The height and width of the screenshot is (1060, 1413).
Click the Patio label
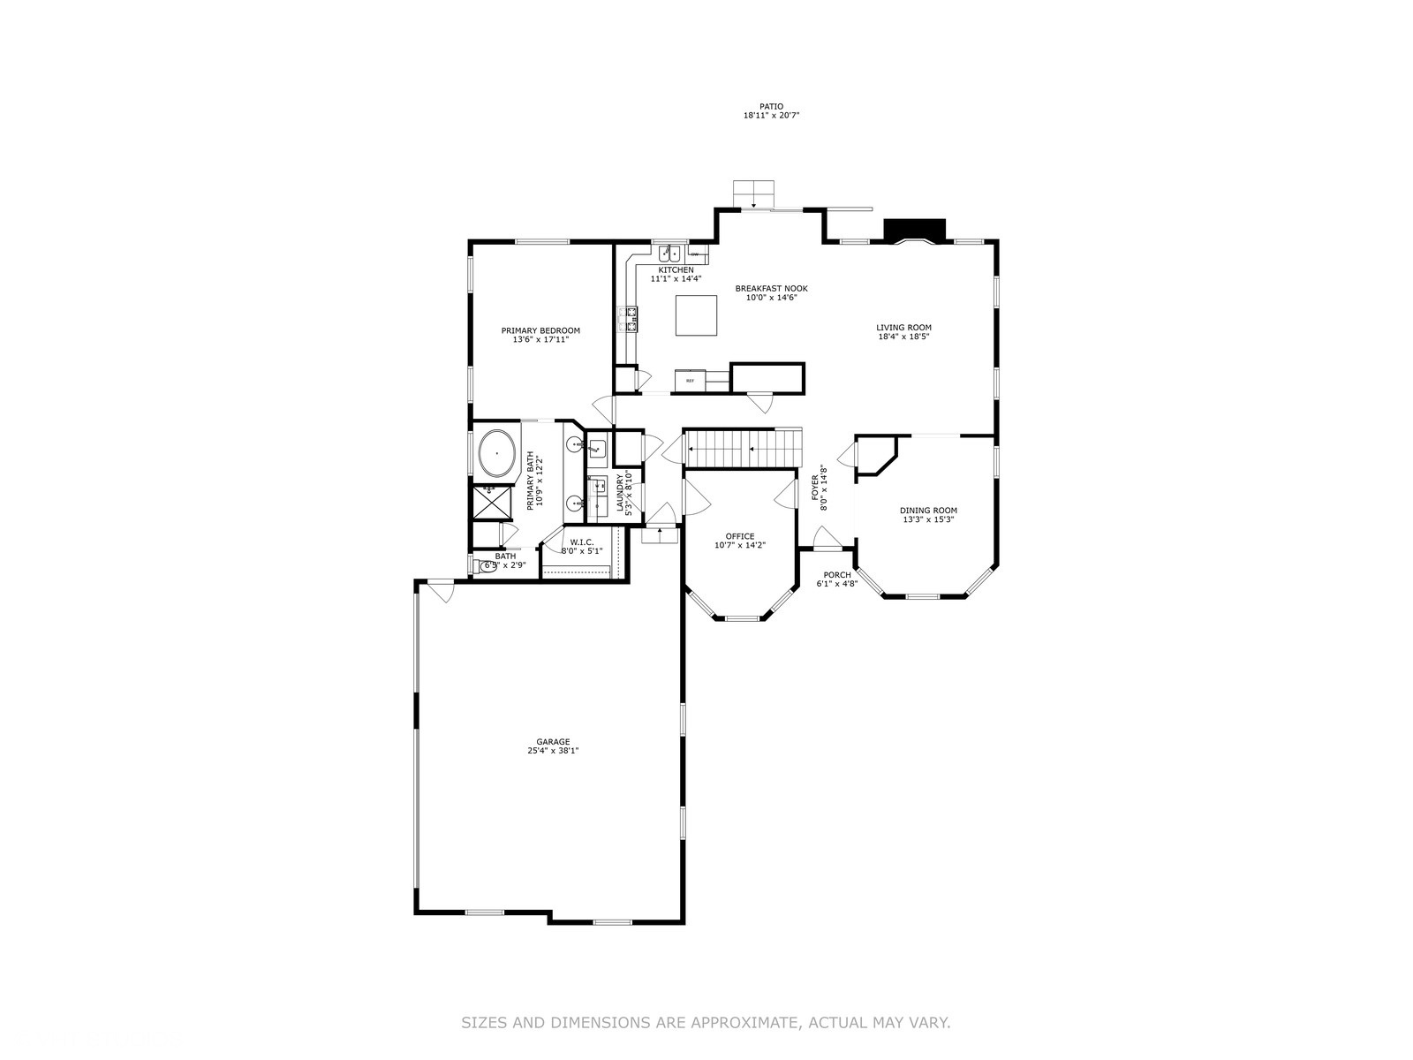click(771, 106)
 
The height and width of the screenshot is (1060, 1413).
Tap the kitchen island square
click(696, 315)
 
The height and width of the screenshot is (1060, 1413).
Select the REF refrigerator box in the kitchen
click(691, 380)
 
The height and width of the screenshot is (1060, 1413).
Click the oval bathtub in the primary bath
click(497, 454)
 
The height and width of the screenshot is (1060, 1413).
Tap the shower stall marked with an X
click(494, 503)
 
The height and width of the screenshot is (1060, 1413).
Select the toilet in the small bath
click(486, 566)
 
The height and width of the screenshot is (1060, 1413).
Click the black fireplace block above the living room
click(915, 230)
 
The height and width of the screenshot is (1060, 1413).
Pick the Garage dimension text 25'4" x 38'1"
click(552, 751)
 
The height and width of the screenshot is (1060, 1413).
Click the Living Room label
click(903, 327)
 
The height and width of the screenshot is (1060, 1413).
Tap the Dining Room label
click(928, 510)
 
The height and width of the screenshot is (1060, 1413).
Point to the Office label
click(740, 536)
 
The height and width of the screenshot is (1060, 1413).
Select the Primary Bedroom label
click(540, 330)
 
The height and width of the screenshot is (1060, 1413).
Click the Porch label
click(836, 575)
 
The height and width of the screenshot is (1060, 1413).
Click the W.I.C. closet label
click(581, 541)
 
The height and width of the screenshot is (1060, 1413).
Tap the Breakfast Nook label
click(771, 288)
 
